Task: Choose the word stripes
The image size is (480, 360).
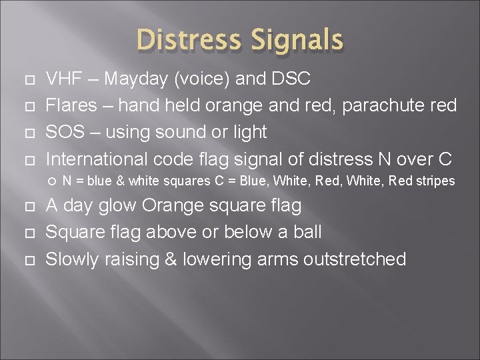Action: (435, 181)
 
